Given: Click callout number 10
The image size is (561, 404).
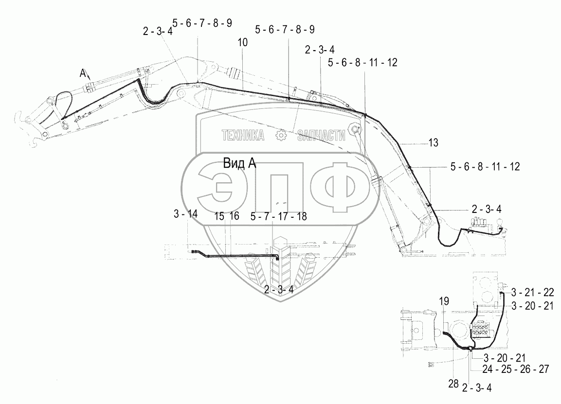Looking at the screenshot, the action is point(243,43).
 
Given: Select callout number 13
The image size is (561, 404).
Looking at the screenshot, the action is point(433,143).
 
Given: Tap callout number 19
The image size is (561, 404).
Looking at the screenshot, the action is point(444,301).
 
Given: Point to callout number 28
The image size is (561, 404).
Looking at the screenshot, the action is point(453,384).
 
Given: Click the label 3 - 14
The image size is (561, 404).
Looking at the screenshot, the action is point(186,214).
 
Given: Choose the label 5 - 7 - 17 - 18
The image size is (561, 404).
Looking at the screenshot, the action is point(279,216).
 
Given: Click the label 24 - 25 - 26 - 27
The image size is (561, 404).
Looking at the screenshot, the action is point(516,369).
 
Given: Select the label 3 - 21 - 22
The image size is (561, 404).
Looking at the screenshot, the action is point(532,293).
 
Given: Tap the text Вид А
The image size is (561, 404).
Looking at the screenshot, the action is point(239,163).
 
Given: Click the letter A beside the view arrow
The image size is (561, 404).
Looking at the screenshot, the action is point(83,73).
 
